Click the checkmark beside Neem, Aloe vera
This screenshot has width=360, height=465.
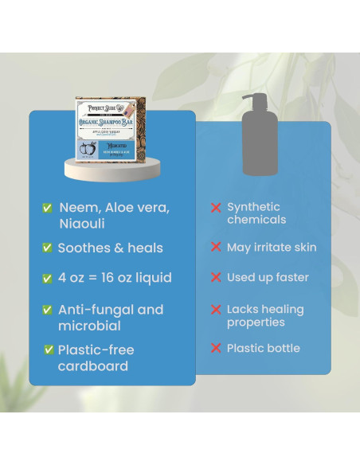click(48, 208)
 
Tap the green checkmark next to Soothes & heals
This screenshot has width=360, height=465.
click(48, 248)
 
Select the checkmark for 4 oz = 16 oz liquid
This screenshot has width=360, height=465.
click(48, 279)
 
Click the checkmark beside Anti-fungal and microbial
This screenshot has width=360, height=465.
click(48, 310)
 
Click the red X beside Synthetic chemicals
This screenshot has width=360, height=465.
click(215, 208)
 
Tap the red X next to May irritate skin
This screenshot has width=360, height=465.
click(215, 248)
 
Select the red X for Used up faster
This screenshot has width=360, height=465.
click(215, 278)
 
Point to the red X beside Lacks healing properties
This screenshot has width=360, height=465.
click(215, 310)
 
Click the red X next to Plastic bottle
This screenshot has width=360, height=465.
click(215, 349)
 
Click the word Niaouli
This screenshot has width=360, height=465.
click(82, 224)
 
